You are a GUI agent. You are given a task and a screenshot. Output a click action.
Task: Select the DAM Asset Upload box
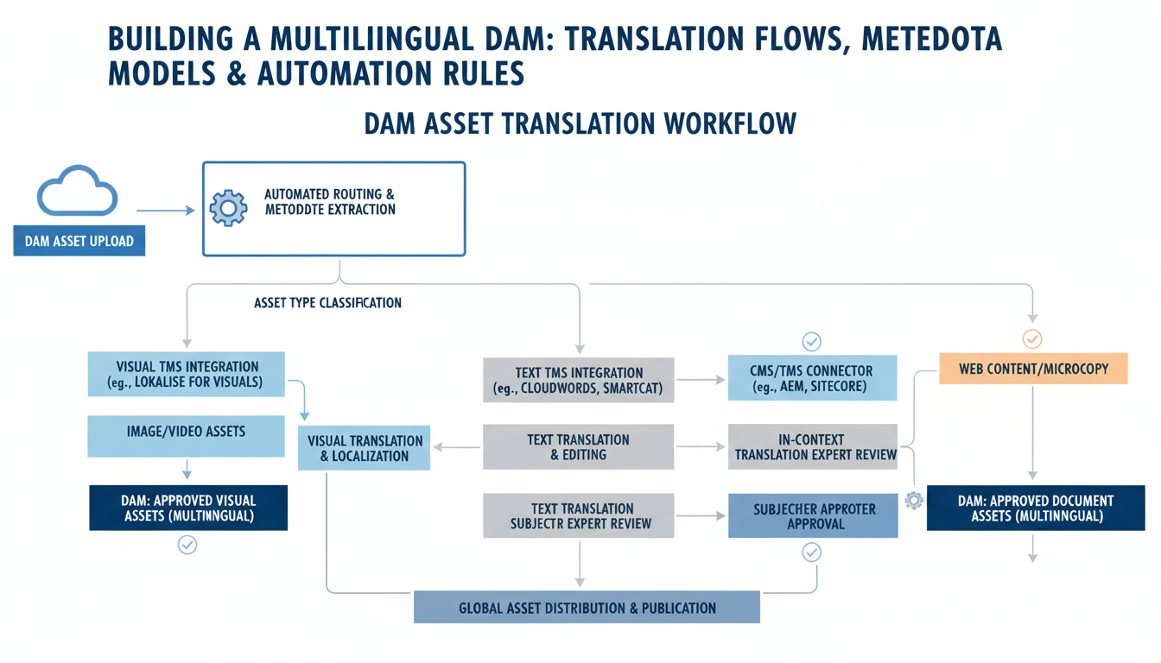tap(79, 241)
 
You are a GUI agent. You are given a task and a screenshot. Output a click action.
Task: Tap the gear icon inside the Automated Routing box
tap(228, 208)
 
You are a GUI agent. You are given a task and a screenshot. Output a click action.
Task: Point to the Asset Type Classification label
tap(327, 303)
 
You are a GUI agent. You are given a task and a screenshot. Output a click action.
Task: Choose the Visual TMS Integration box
tap(186, 374)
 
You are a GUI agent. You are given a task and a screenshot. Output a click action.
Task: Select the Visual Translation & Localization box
tap(364, 447)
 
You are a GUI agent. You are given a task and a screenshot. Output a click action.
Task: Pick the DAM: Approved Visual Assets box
tap(188, 508)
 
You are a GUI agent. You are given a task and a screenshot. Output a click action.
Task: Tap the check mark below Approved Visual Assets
tap(187, 545)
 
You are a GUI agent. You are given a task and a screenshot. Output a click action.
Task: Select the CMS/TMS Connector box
tap(812, 378)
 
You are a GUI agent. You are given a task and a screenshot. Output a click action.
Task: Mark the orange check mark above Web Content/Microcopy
tap(1032, 338)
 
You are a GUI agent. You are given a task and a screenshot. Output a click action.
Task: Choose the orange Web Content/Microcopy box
tap(1033, 369)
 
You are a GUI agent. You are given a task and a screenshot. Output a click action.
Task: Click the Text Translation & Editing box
tap(578, 446)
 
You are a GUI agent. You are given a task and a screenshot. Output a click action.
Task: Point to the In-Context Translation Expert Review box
tap(812, 446)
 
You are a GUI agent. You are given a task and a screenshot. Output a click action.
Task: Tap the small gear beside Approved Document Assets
tap(913, 500)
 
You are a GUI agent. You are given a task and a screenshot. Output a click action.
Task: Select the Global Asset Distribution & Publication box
tap(587, 608)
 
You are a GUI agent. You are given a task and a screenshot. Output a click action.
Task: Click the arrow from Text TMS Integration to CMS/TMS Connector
tap(701, 379)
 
